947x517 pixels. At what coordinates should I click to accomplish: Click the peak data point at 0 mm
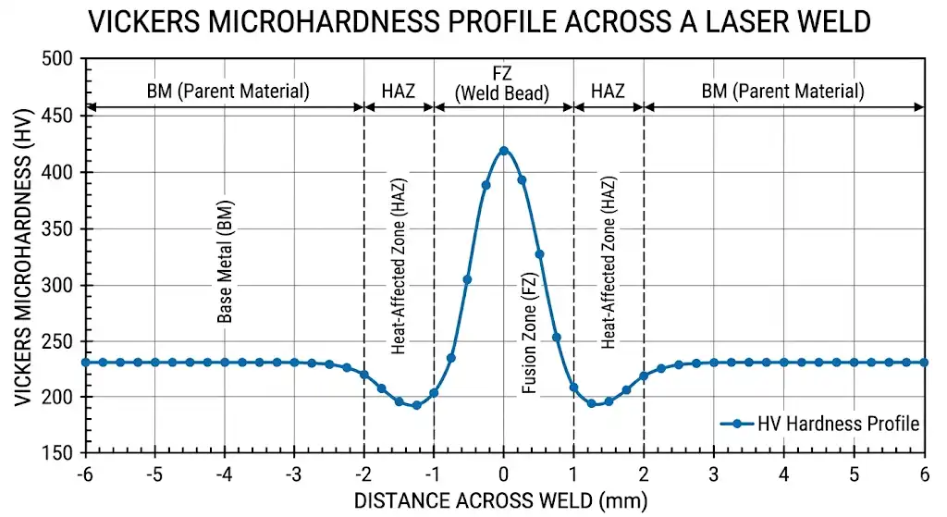tap(503, 151)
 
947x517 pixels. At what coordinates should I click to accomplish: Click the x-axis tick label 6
tap(924, 474)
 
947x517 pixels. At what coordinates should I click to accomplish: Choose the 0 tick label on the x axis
tap(503, 474)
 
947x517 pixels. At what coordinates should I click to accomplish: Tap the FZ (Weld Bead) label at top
tap(503, 82)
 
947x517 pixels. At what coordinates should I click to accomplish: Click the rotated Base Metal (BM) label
tap(225, 262)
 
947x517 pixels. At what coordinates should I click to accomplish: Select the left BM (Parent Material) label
tap(228, 91)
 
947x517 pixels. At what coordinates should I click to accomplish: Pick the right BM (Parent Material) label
tap(782, 91)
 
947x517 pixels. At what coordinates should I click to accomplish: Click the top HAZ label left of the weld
tap(399, 91)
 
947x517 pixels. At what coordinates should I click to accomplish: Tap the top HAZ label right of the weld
tap(608, 91)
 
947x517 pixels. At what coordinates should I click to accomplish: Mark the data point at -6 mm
tap(86, 363)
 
